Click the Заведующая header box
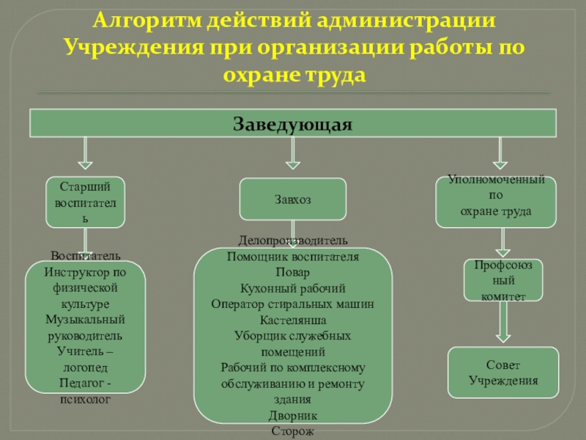point(293,123)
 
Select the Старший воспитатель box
point(86,202)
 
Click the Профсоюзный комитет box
point(503,280)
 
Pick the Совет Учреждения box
point(503,373)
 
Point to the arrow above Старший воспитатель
point(86,155)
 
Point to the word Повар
point(293,272)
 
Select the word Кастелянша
point(293,320)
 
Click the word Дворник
point(293,416)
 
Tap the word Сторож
point(293,432)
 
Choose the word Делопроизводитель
point(293,241)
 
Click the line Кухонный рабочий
point(293,288)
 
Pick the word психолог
point(86,400)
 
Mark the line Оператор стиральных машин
point(293,304)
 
